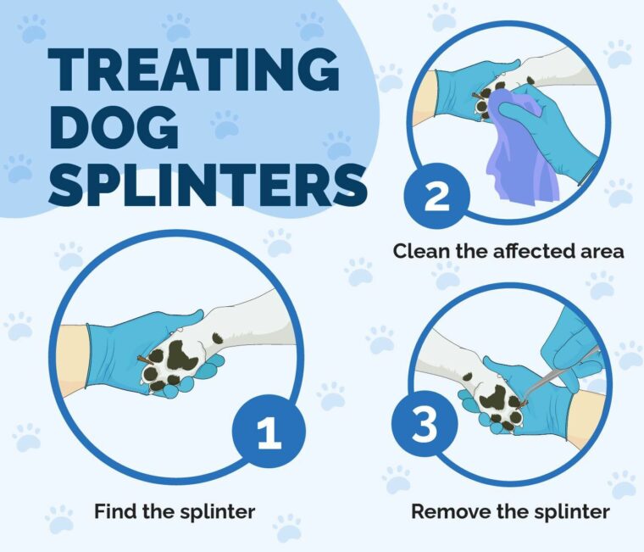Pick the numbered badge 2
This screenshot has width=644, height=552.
[x=435, y=197]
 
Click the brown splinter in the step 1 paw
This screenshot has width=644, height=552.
[x=147, y=363]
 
